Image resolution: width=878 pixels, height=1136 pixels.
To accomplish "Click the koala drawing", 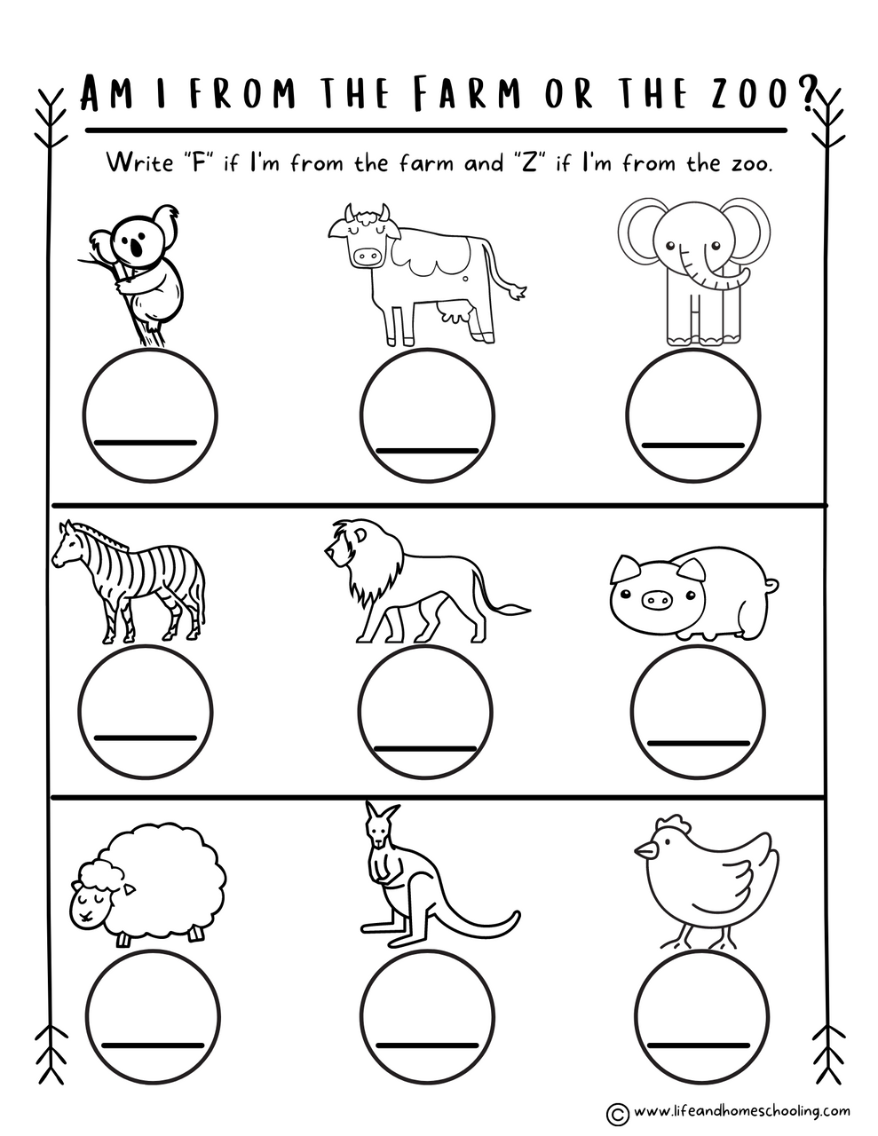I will point(142,266).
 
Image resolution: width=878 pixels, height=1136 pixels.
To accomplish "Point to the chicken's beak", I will point(641,850).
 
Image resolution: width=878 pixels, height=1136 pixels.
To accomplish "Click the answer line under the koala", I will point(144,442).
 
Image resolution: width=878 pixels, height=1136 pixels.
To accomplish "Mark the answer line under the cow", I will point(427,451).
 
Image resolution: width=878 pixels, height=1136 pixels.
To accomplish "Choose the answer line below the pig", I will point(700,742).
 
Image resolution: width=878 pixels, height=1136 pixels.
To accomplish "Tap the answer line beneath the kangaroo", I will point(427,1044).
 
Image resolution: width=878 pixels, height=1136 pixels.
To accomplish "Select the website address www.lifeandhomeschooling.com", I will point(742,1110).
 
